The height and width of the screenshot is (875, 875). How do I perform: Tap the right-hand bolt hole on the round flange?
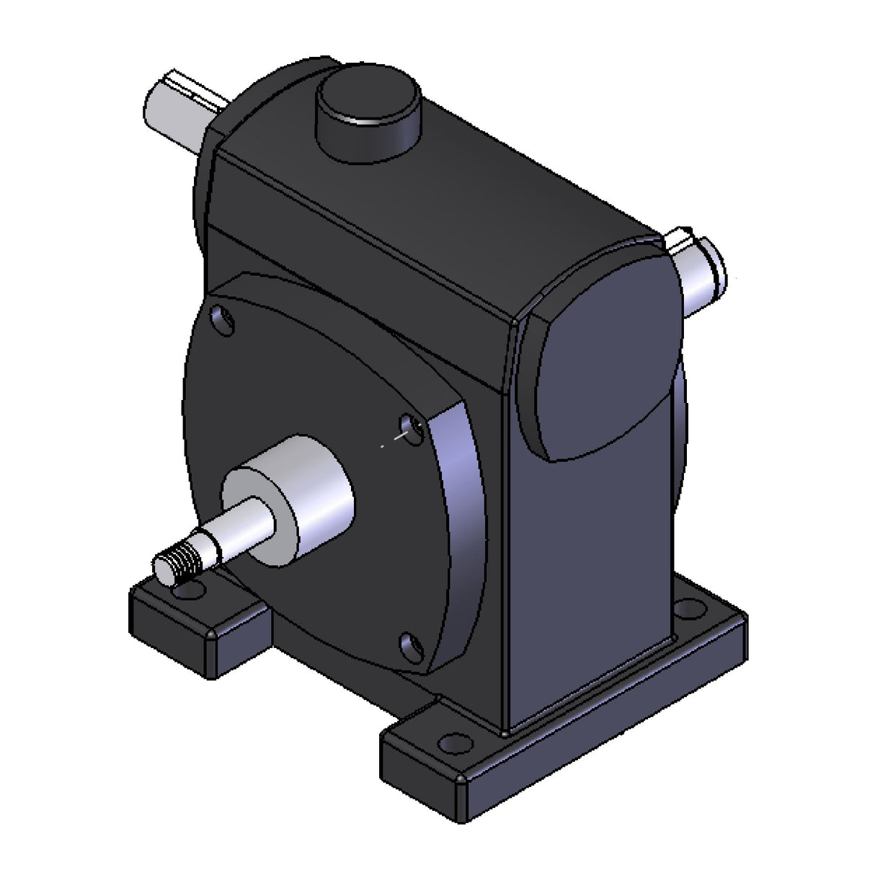coord(412,427)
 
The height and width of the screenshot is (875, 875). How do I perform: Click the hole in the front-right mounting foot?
coord(452,742)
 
